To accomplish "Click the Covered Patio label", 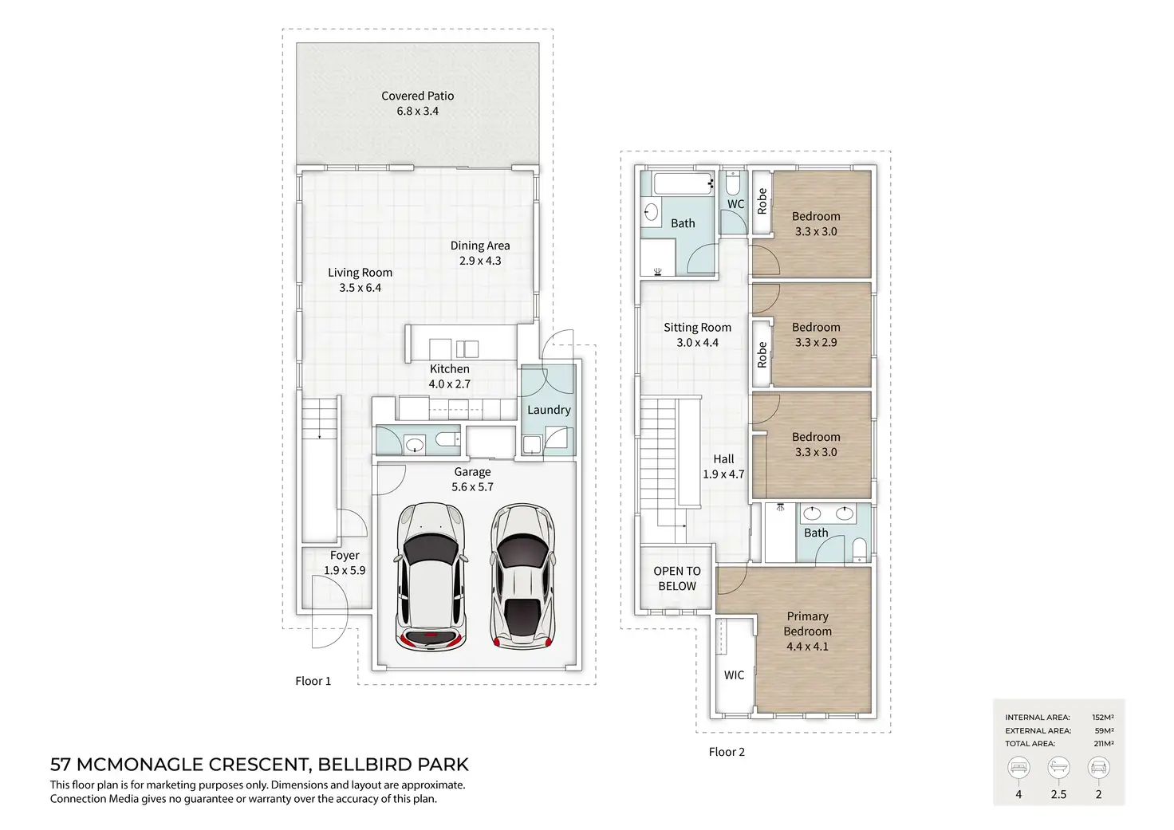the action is [x=417, y=96].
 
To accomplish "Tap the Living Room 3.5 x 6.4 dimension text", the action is [x=360, y=288].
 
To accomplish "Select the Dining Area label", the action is [x=480, y=246].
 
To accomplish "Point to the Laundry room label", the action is [x=549, y=410].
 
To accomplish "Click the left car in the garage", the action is [x=431, y=577].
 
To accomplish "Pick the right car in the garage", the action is [x=522, y=576].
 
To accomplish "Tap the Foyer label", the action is [x=345, y=556].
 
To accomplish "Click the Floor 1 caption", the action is [x=313, y=681].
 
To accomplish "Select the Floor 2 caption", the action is [x=727, y=752].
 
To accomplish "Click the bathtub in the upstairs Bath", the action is [x=684, y=184].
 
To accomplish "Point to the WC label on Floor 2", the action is [x=736, y=204].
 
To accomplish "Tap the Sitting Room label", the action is [x=697, y=328].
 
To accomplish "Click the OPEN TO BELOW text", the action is [x=677, y=579].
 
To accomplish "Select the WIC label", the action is [x=734, y=675].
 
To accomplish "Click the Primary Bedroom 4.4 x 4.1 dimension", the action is [x=807, y=647].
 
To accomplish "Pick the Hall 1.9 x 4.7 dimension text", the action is [x=723, y=474].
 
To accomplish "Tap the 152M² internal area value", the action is [x=1103, y=718].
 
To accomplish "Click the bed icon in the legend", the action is [x=1018, y=768].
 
